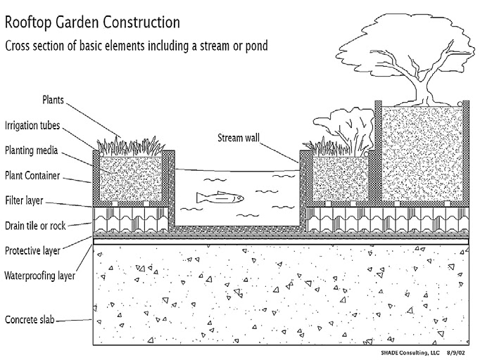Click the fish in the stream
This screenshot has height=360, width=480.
pos(220,198)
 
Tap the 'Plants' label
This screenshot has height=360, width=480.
pos(53,100)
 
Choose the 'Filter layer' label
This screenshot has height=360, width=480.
pos(25,200)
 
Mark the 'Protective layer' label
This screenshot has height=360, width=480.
pos(32,250)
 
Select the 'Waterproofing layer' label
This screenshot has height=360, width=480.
pos(40,275)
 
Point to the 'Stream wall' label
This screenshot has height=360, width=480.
pos(237,138)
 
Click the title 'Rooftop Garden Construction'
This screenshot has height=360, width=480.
pos(92,22)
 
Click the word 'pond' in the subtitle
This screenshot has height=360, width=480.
pos(254,46)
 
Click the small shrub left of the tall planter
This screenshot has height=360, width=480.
pos(349,127)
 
